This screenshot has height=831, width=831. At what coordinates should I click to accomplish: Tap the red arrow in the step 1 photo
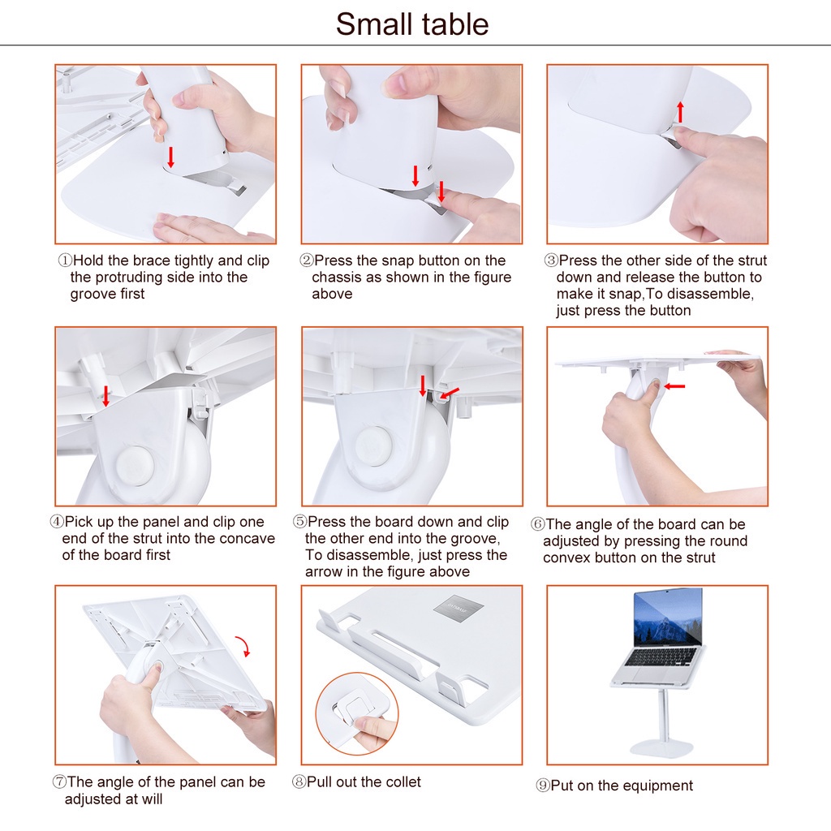point(170,157)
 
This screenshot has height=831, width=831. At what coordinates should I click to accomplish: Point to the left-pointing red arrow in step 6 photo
point(674,386)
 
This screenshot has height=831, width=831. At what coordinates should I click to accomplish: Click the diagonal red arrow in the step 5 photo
point(448,394)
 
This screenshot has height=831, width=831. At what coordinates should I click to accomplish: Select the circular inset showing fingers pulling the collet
point(357,713)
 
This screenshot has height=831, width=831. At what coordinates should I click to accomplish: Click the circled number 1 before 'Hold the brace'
point(65,261)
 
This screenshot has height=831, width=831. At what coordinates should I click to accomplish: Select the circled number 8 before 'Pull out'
point(299,782)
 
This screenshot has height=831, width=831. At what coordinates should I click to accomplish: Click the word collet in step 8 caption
point(401,782)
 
